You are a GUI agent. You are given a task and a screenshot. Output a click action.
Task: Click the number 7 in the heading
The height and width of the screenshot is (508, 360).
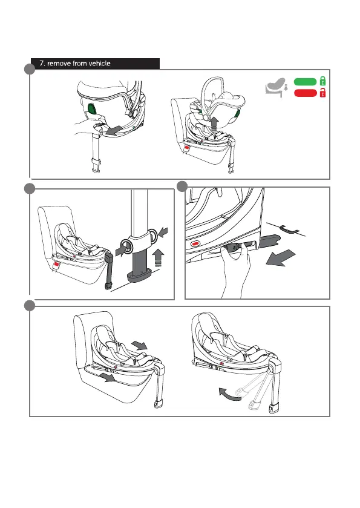coord(41,64)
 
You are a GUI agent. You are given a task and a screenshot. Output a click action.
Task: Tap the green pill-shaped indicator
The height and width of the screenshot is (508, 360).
coord(306,82)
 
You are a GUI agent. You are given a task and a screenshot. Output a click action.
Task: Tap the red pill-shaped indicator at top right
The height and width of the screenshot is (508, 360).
coord(306,93)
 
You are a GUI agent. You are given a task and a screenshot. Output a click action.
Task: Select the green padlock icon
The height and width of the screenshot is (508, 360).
coord(322,81)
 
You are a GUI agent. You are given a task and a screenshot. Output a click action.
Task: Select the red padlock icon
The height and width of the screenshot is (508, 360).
coord(322,93)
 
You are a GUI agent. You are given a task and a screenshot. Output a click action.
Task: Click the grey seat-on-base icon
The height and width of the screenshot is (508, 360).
coord(276,87)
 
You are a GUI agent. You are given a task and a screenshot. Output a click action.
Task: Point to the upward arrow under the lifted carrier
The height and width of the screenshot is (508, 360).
coord(214,124)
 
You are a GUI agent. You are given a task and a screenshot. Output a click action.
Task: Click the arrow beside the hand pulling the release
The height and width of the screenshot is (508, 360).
coord(114,130)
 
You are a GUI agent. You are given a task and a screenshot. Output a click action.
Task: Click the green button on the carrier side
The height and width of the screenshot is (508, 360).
coord(92,109)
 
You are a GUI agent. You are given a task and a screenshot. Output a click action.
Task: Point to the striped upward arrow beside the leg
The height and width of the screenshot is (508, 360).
coord(158,257)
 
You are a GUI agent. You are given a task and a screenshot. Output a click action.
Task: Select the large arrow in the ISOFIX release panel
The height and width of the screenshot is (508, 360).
coord(280,258)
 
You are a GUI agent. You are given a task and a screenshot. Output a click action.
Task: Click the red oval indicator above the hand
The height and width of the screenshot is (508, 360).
coord(195,243)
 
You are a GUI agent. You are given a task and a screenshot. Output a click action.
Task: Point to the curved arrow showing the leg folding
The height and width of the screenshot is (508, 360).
coord(229,394)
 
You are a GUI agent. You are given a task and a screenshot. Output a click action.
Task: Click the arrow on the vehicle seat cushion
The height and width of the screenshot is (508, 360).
coord(107,377)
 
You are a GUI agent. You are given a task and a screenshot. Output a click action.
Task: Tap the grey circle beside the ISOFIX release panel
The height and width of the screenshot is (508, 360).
coord(182,186)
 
